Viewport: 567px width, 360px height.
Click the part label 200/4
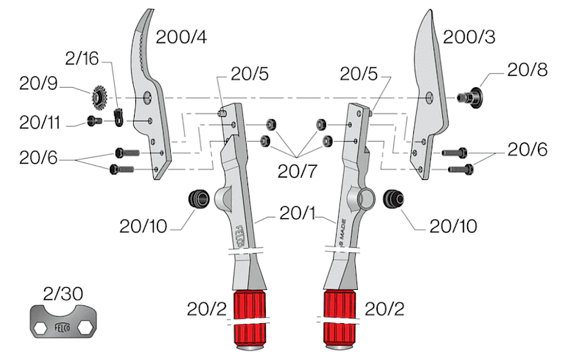[181, 37]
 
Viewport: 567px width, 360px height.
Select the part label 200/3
[469, 37]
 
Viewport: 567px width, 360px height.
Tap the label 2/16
[82, 58]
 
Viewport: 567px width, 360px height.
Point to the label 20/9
[38, 84]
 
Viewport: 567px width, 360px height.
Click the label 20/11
[40, 123]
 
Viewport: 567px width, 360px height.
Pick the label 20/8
[527, 69]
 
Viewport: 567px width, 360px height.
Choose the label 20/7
[297, 171]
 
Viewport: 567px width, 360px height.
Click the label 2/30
[63, 293]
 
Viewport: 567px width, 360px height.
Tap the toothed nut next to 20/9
[99, 98]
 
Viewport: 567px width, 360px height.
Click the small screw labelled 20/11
[94, 120]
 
